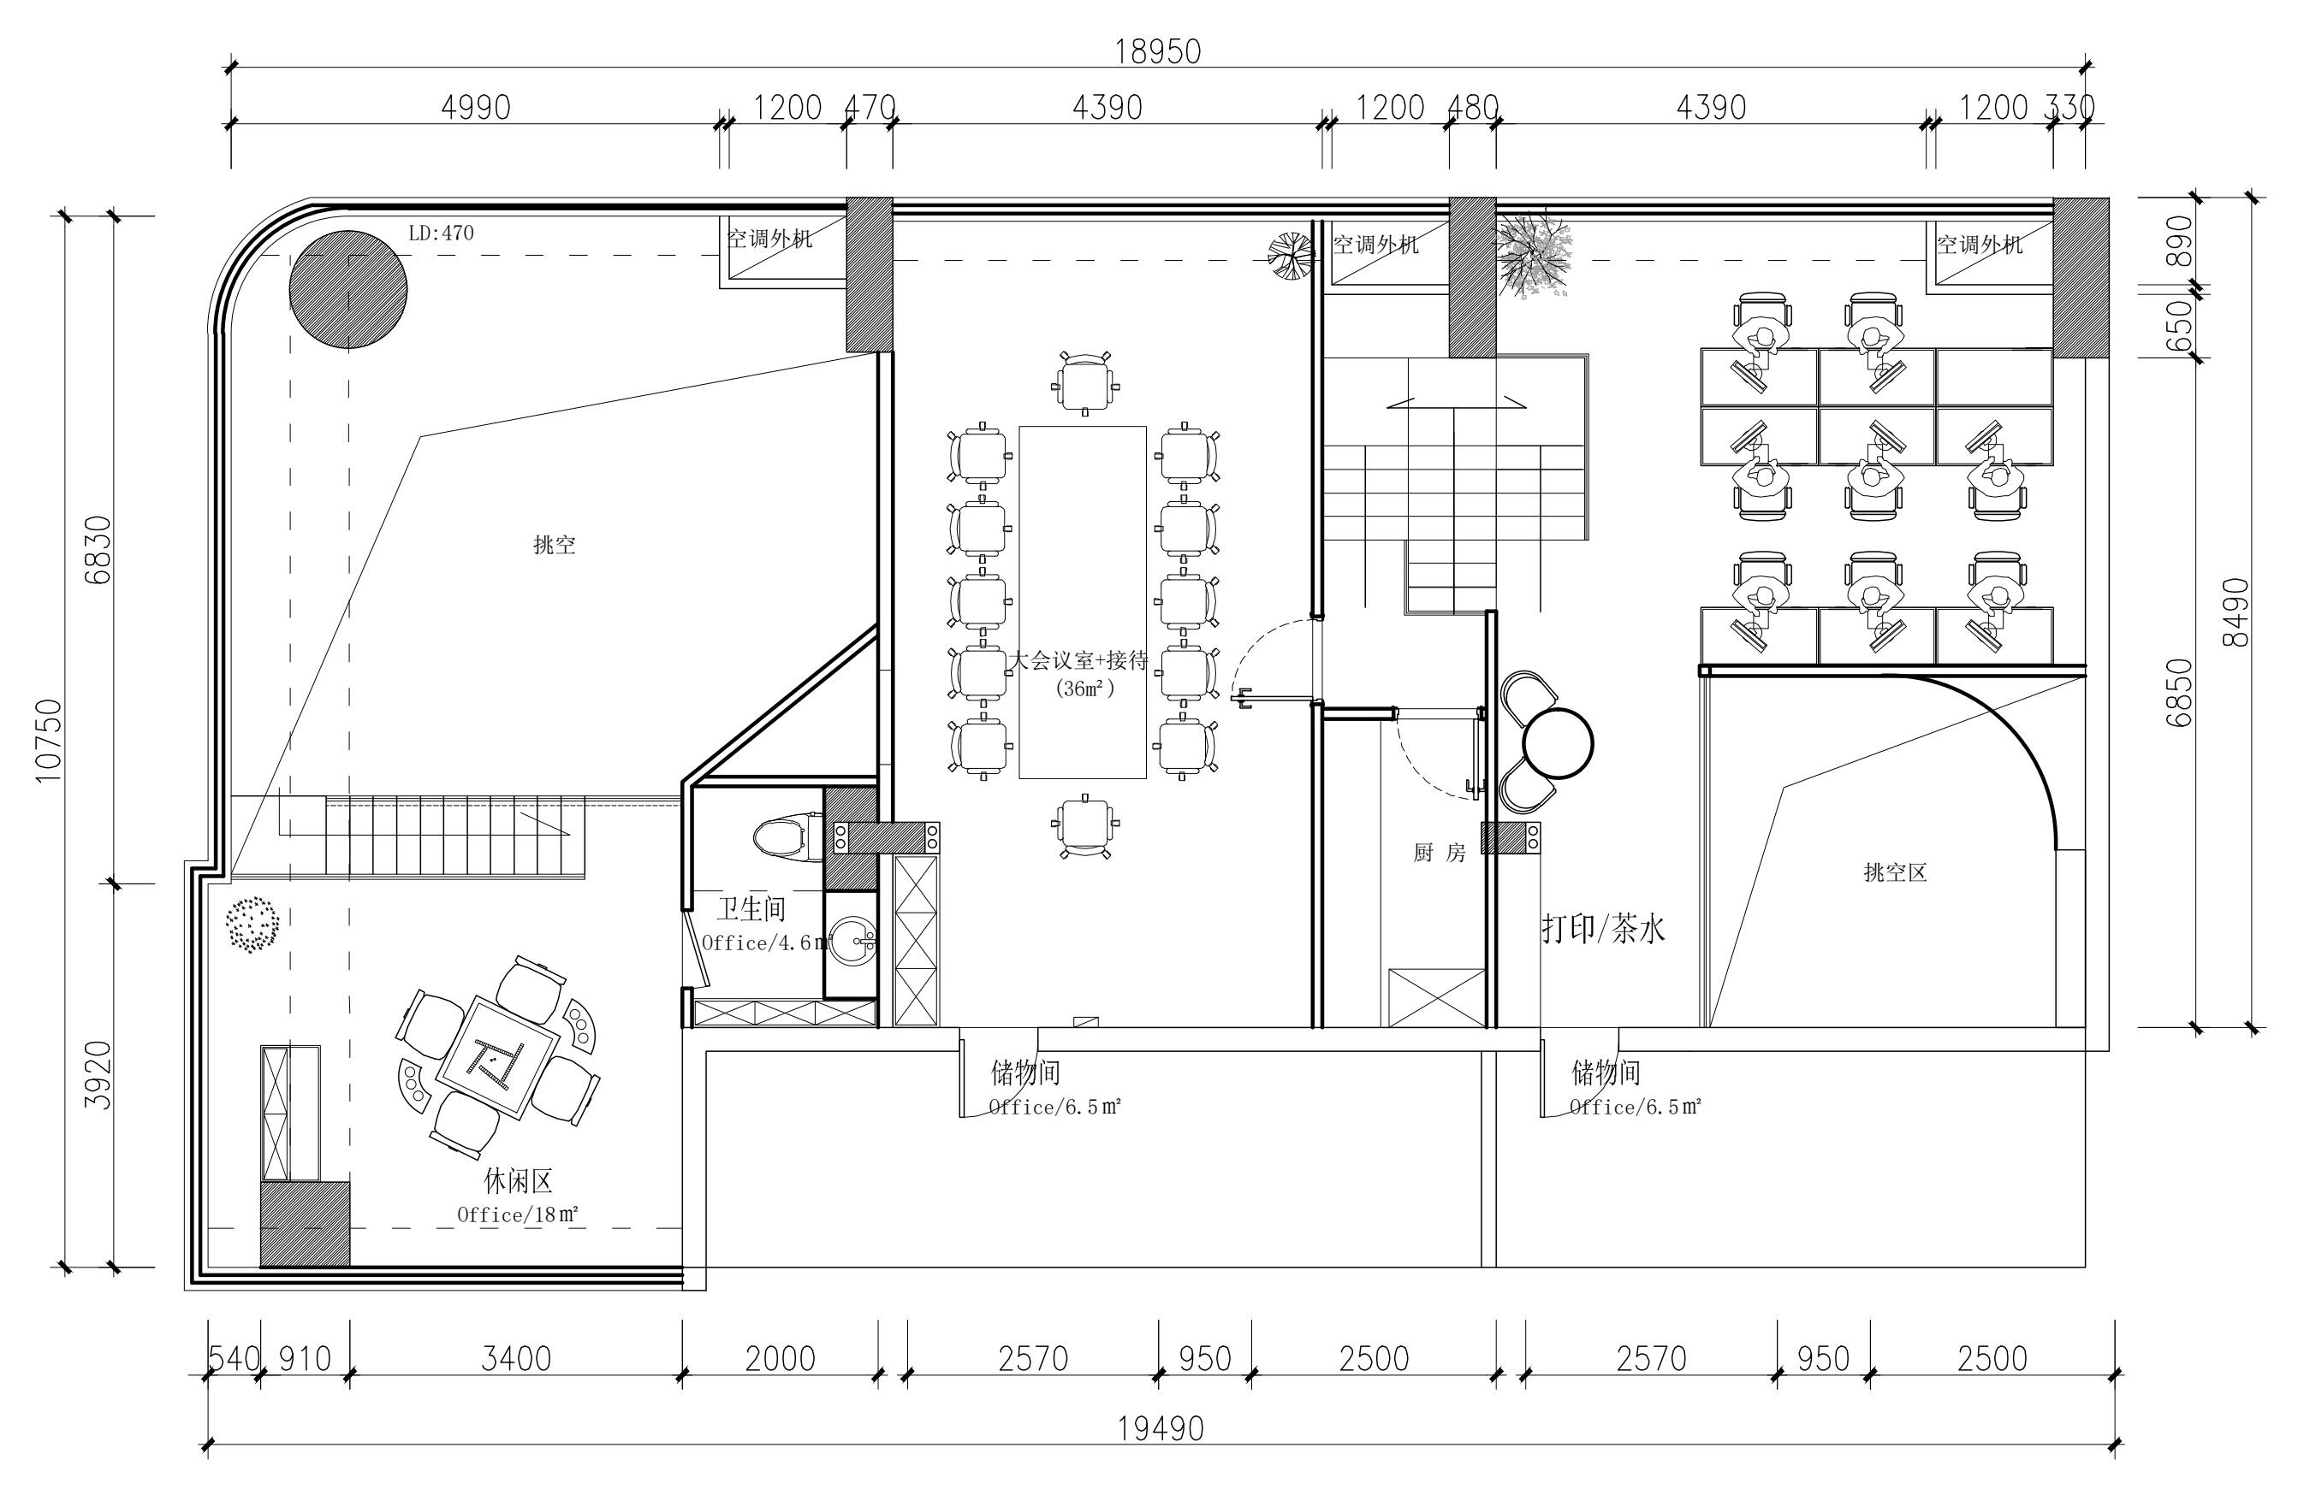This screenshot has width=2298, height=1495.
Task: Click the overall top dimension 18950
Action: coord(1158,51)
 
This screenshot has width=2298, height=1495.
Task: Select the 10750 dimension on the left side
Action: coord(47,741)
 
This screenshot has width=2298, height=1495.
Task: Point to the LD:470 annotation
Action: coord(442,233)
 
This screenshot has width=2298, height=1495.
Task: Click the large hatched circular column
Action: coord(347,290)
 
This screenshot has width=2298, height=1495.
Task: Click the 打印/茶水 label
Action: coord(1603,930)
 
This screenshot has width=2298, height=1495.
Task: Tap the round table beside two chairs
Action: coord(1558,742)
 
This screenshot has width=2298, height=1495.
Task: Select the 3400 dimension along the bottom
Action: coord(517,1359)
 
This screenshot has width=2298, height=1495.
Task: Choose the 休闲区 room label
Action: coord(518,1181)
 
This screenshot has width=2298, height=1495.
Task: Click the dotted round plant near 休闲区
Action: coord(253,925)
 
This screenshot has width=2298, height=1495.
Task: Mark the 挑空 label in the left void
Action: coord(555,544)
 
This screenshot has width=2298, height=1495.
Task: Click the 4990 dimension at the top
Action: coord(475,107)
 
